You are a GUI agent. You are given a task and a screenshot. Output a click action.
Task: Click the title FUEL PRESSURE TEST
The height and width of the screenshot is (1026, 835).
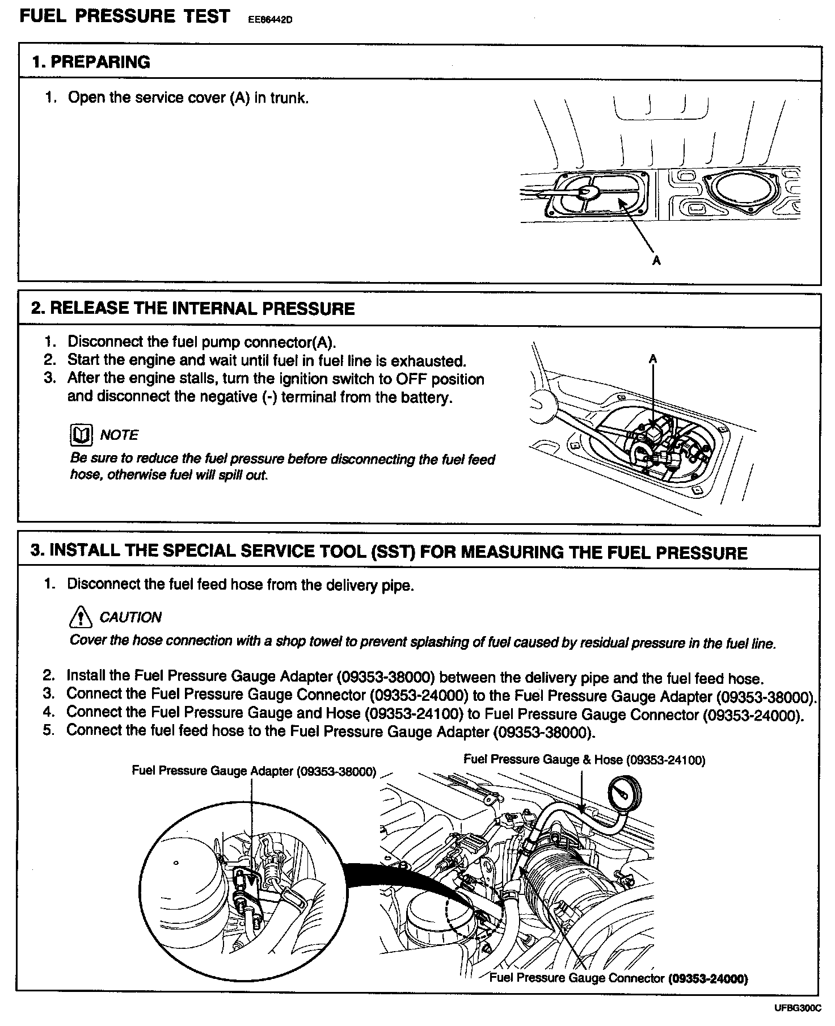(125, 16)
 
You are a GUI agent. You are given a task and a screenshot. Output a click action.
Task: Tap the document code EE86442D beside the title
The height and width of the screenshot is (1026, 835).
(269, 20)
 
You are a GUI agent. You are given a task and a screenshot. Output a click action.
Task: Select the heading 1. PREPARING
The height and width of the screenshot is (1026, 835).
(91, 62)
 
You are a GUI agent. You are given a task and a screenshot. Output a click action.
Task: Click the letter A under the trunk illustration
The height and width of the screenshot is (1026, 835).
(657, 260)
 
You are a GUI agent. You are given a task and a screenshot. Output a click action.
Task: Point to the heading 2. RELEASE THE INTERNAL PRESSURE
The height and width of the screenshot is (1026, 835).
(193, 309)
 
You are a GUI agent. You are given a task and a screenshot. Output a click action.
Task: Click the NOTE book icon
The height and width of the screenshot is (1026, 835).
(80, 435)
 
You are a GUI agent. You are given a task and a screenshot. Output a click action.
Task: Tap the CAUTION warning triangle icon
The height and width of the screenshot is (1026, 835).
(81, 616)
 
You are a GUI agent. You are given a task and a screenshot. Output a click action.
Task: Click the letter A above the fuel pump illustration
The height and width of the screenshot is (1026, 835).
(653, 359)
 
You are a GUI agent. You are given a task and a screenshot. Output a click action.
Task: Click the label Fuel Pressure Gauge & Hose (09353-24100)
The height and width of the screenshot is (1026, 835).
(584, 760)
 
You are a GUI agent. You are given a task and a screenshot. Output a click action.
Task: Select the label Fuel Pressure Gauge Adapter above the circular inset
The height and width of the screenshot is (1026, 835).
(254, 771)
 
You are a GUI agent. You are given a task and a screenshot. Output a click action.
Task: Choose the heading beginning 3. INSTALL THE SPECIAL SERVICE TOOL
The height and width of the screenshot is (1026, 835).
(389, 552)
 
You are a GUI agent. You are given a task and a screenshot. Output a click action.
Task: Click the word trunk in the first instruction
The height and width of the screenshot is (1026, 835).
(288, 98)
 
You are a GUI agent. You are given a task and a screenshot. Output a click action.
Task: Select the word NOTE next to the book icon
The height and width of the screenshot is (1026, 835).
(119, 435)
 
